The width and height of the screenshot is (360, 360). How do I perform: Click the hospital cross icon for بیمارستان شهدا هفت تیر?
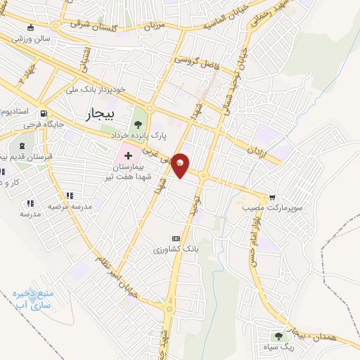(129, 154)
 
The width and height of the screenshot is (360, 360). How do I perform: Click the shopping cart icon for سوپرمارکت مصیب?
(273, 198)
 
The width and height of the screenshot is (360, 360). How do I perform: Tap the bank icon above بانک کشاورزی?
(176, 238)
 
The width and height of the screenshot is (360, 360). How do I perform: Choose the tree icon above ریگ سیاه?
(278, 335)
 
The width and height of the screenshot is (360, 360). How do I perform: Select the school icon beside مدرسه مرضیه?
(69, 195)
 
